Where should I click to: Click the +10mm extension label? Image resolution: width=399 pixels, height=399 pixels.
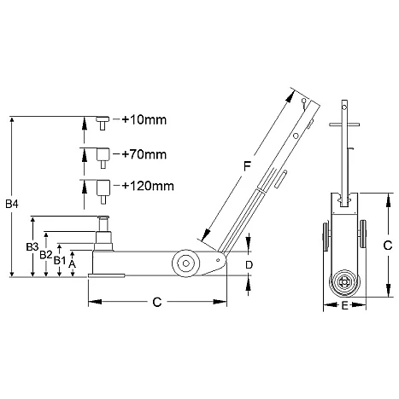[x=144, y=119]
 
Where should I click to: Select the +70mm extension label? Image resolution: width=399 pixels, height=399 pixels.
[x=144, y=154]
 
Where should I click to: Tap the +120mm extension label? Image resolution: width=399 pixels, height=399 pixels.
[x=148, y=186]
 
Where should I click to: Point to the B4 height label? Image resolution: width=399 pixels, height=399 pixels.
[x=12, y=204]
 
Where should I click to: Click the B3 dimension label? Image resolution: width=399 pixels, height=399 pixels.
[x=32, y=247]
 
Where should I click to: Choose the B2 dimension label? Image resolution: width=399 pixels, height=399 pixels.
[x=46, y=255]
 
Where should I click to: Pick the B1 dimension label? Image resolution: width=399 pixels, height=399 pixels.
[x=60, y=260]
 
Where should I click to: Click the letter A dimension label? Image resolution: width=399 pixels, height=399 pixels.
[x=73, y=264]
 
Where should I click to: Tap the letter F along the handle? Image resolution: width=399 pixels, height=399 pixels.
[x=247, y=166]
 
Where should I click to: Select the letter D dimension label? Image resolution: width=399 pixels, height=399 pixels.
[x=249, y=265]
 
